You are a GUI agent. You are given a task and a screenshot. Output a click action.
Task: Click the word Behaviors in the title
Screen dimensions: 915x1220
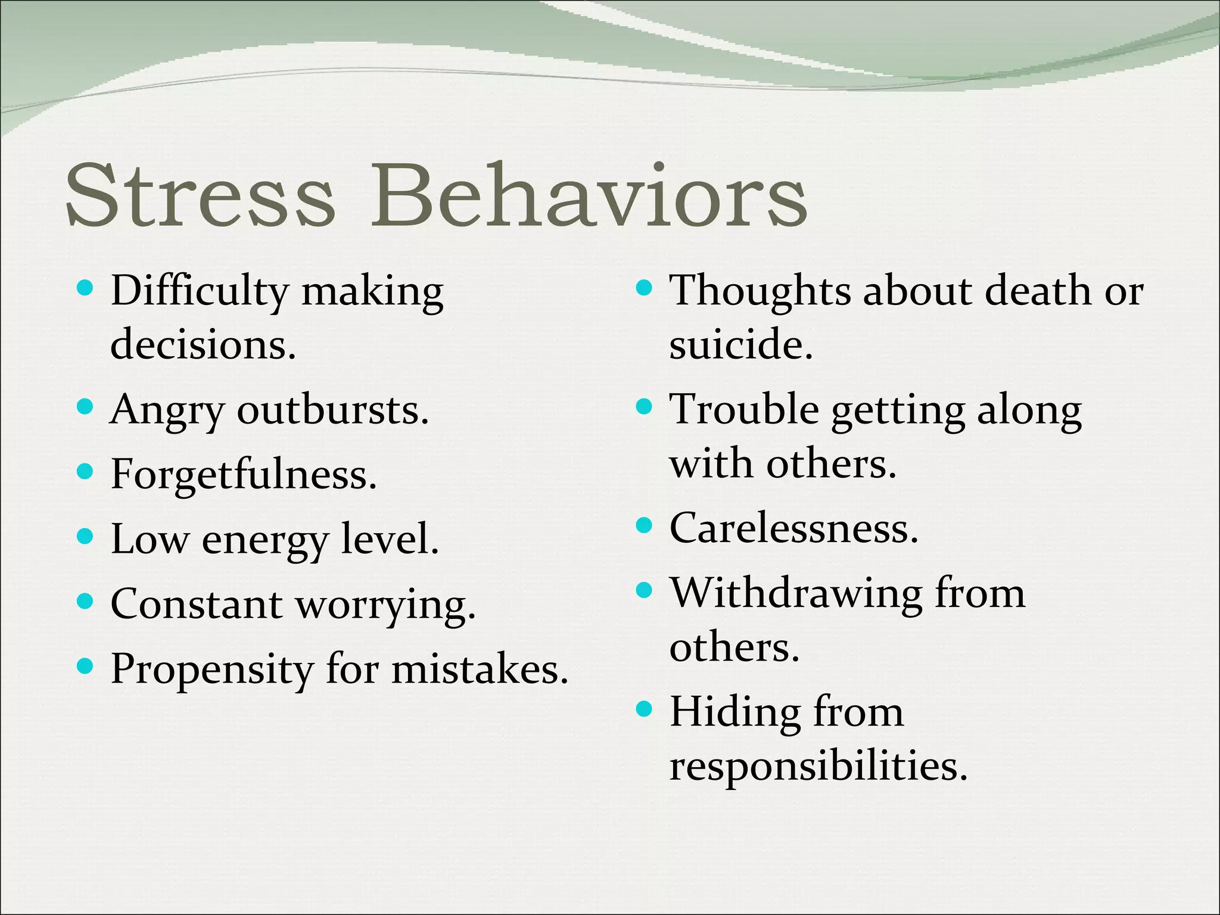click(x=589, y=195)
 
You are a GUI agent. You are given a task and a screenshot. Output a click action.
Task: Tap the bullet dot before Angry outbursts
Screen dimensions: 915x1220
click(x=86, y=407)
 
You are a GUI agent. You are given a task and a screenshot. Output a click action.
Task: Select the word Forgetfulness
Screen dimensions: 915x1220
click(x=243, y=475)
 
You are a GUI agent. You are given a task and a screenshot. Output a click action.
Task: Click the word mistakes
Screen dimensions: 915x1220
click(x=480, y=669)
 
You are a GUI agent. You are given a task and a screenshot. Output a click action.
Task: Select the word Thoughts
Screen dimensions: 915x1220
click(x=760, y=292)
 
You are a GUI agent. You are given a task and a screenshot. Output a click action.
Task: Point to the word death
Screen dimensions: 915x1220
click(x=1039, y=291)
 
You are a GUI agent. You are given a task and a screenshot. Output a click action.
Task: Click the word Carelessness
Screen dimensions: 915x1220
click(x=793, y=528)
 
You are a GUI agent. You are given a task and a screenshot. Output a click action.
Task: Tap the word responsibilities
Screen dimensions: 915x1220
click(x=818, y=766)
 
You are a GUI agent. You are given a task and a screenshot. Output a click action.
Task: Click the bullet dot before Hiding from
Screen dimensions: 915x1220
click(x=644, y=709)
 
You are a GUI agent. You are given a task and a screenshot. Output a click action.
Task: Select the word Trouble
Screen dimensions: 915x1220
click(x=744, y=410)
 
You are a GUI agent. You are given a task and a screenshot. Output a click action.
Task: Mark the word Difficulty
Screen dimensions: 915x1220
click(x=200, y=292)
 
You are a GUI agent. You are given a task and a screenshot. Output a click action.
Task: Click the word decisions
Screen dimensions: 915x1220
click(x=203, y=344)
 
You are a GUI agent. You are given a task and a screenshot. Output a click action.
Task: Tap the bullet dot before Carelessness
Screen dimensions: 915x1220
click(x=644, y=525)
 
